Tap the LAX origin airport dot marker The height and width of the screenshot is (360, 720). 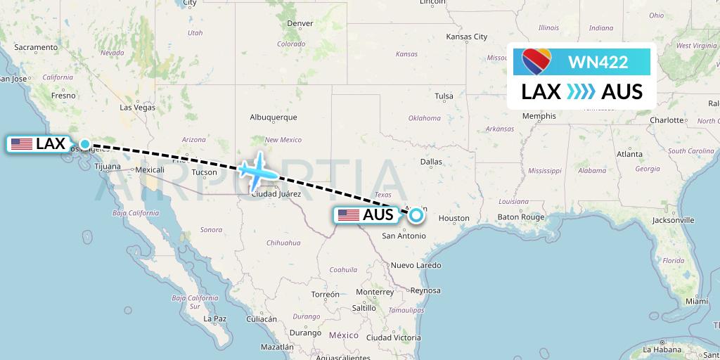tap(85, 144)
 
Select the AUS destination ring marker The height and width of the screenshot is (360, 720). tap(416, 215)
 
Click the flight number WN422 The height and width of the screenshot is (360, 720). tap(598, 62)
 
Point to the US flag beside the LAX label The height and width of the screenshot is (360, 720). tap(22, 144)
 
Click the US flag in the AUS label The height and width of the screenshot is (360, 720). tap(349, 215)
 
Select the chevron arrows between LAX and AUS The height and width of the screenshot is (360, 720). tap(581, 91)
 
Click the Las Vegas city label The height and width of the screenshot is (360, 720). tap(137, 108)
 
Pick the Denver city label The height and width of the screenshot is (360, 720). tap(300, 23)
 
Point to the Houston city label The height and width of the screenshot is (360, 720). tap(454, 219)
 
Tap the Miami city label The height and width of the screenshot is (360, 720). tap(697, 301)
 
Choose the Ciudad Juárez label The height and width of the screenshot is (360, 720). tap(276, 194)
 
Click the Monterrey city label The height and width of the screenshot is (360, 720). tap(374, 292)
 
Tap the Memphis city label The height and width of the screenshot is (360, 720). tap(539, 115)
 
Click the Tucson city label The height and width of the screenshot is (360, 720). tap(204, 172)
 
